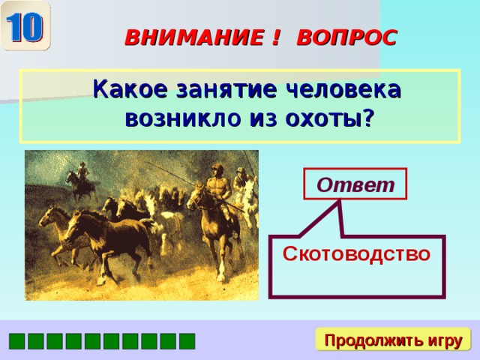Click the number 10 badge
click(25, 25)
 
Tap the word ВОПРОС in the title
click(347, 37)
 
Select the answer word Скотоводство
click(356, 254)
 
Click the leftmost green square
click(16, 341)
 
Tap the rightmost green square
click(187, 341)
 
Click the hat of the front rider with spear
click(217, 166)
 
